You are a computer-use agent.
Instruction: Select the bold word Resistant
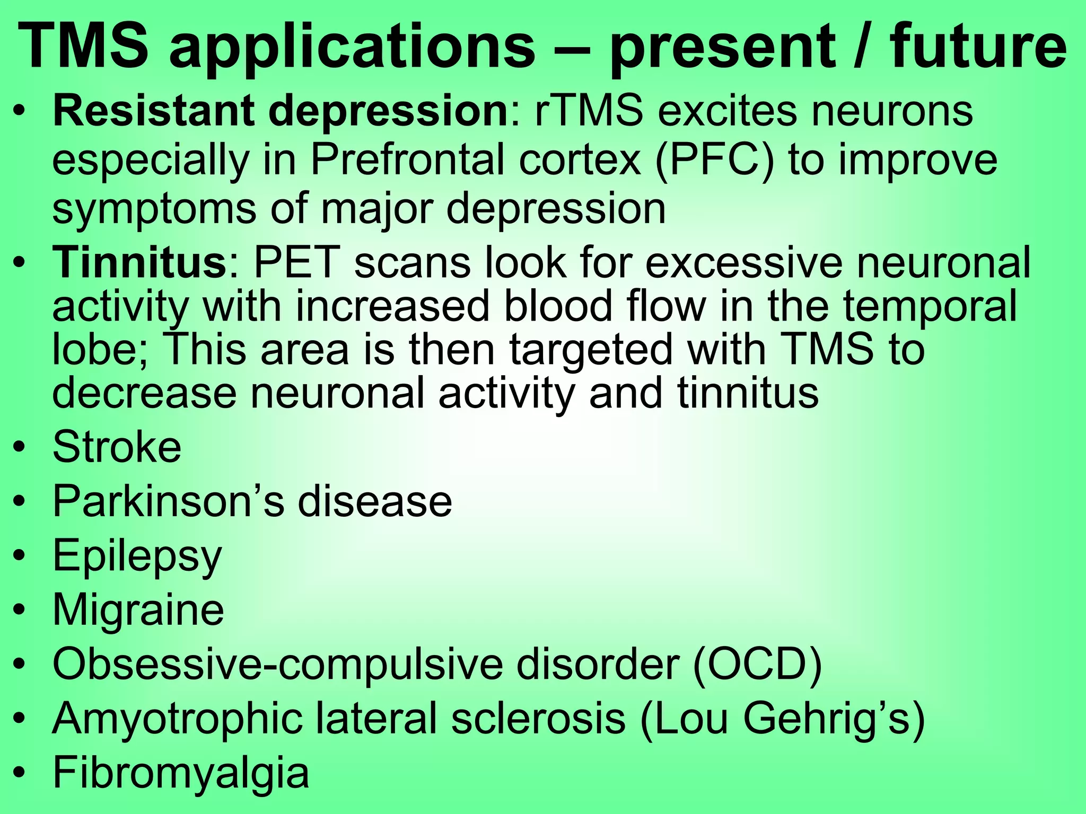[152, 112]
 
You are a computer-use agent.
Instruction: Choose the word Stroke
[117, 447]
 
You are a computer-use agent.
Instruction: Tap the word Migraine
[138, 610]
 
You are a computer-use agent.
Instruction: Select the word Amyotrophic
[178, 719]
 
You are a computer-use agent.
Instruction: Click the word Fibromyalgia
[181, 774]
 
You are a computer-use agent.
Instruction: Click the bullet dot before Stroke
[20, 448]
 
